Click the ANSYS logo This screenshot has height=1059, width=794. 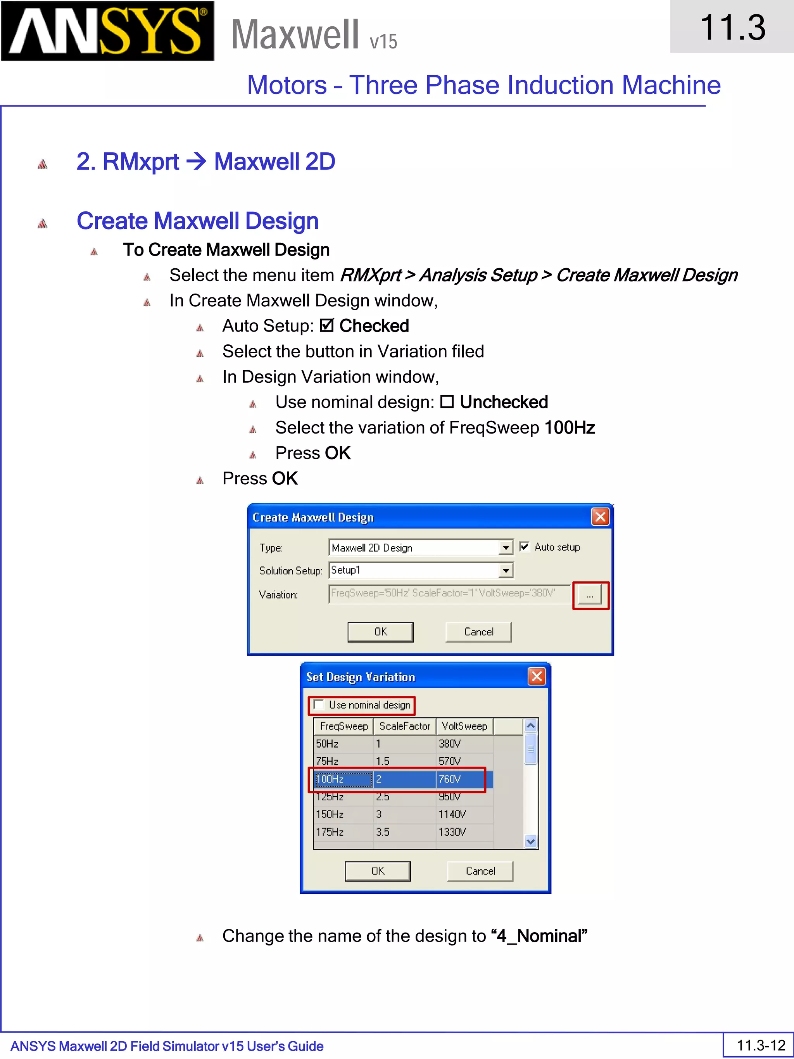[107, 31]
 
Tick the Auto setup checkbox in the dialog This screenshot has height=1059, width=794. [525, 547]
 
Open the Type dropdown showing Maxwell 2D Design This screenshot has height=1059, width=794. [506, 548]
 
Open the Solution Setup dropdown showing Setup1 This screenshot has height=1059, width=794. [506, 570]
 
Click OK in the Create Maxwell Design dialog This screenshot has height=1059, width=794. [380, 632]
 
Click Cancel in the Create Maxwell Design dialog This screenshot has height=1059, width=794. [478, 632]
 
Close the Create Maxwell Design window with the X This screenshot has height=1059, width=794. [600, 517]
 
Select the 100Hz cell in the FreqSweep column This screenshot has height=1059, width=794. [343, 779]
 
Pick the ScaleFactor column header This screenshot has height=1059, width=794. [404, 726]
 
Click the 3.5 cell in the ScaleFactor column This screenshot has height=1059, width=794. [383, 832]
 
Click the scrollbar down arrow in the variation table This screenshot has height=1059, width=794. [530, 841]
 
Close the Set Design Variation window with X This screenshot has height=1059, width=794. [537, 677]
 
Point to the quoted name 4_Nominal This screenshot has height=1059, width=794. [539, 936]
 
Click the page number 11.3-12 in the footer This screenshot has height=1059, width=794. [761, 1045]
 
